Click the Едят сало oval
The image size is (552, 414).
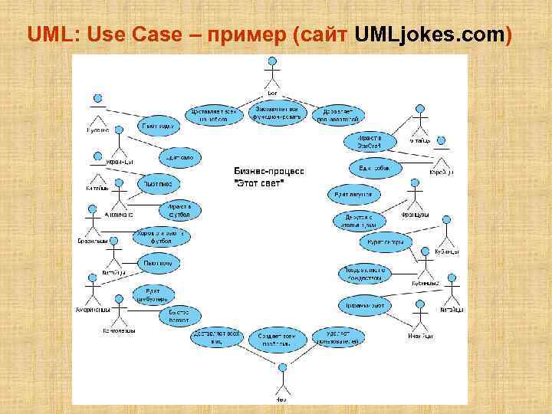click(180, 158)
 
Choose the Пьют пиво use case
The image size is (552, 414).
click(159, 184)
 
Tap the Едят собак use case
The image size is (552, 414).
click(371, 167)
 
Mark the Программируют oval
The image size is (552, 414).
click(364, 305)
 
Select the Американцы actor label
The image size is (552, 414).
click(93, 310)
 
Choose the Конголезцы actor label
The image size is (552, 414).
click(119, 330)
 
